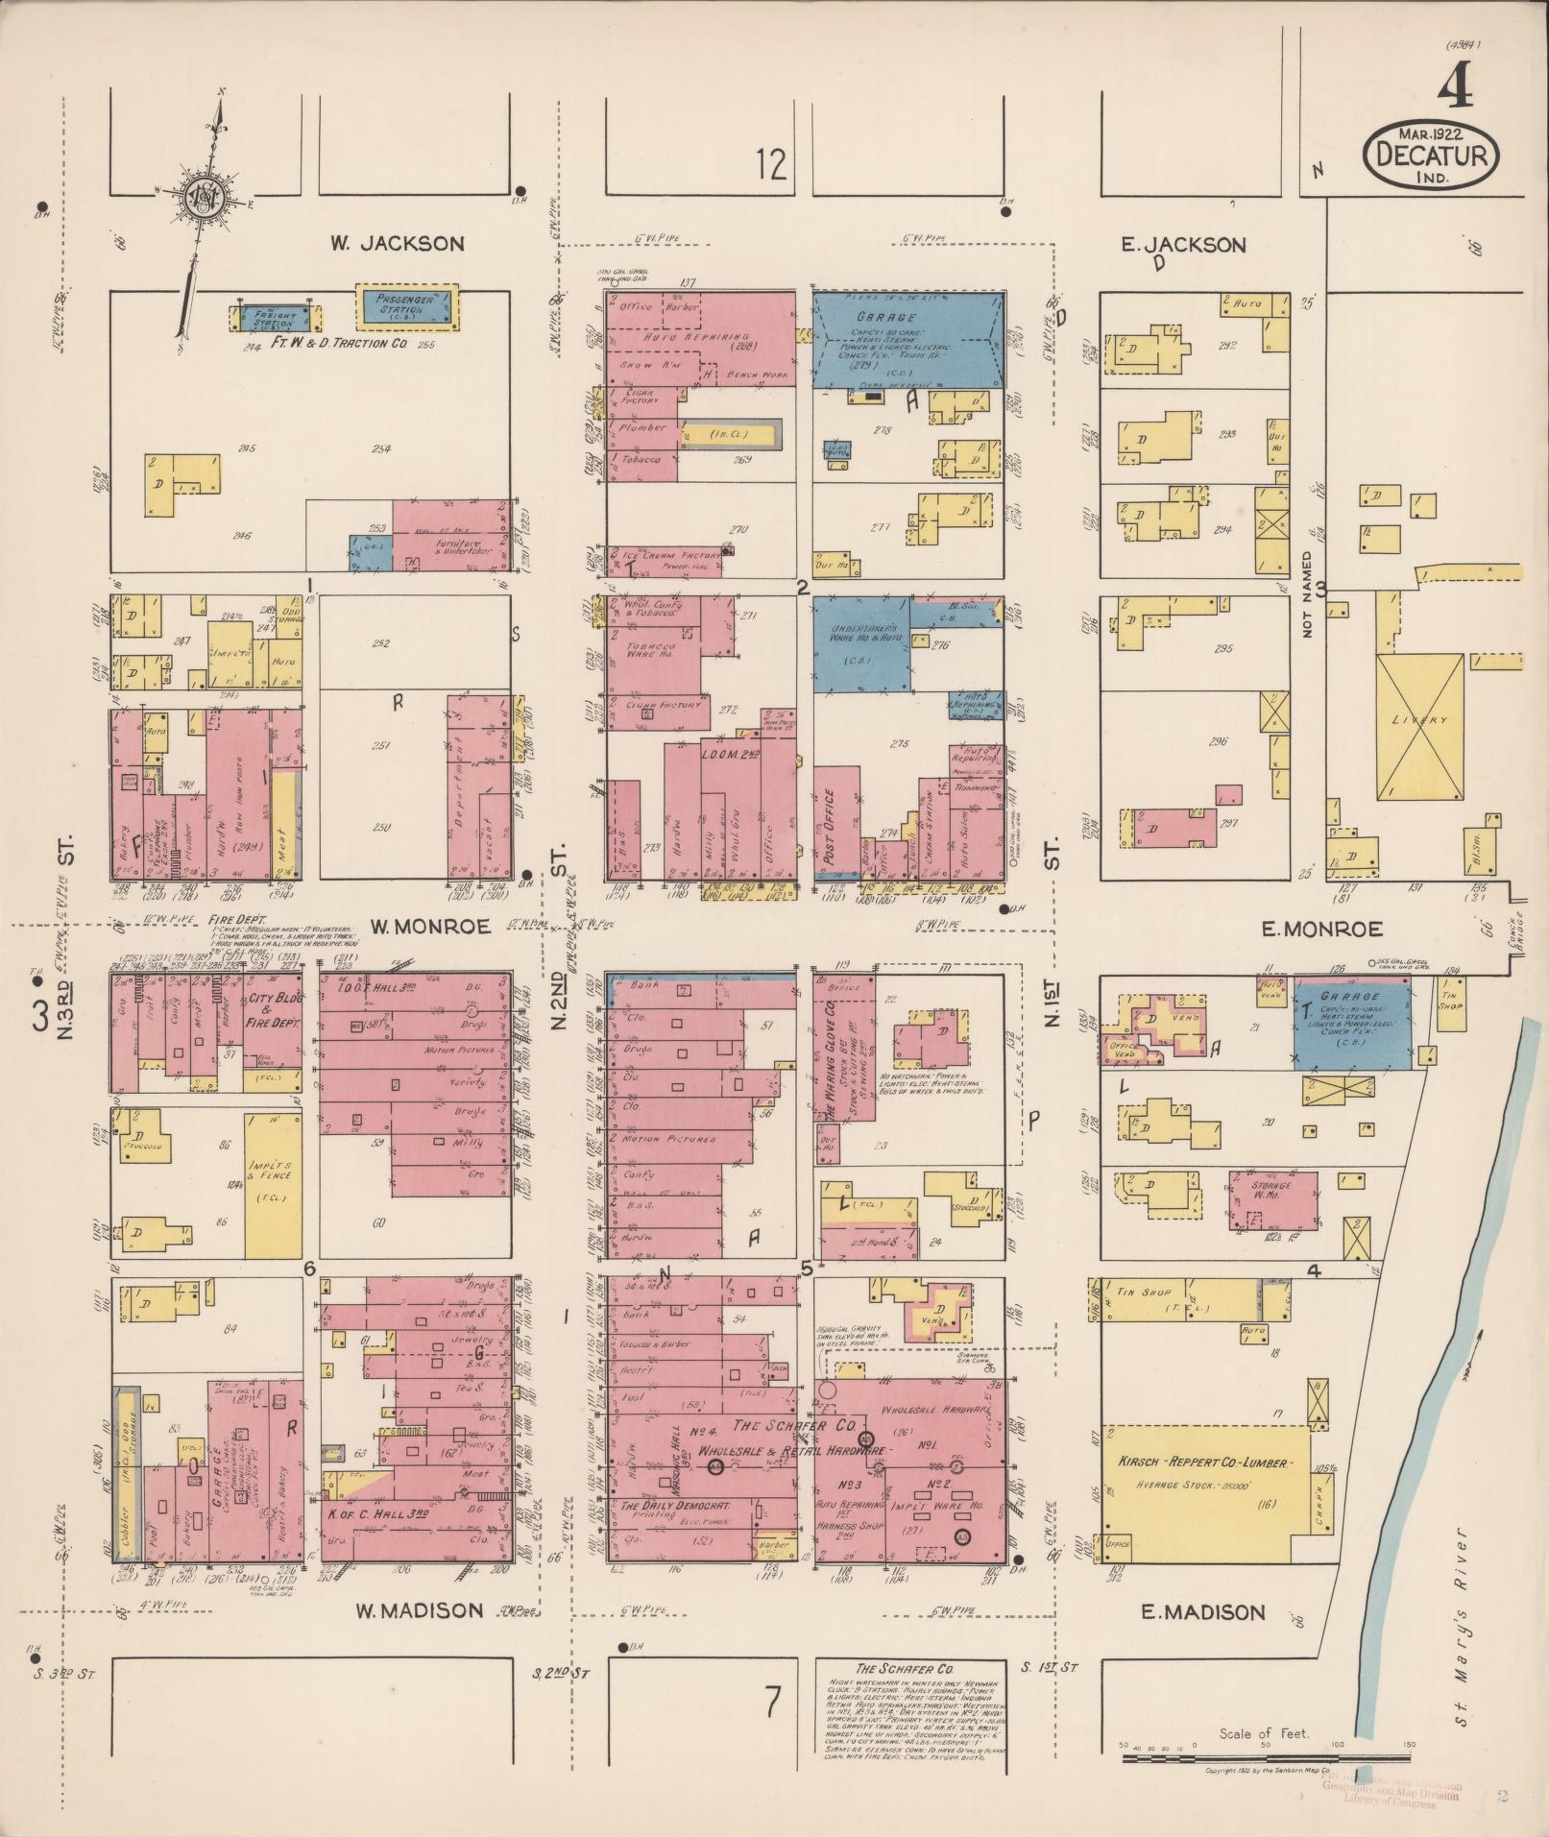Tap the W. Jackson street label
coord(398,244)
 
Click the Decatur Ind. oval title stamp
coord(1430,154)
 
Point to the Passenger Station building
coord(407,307)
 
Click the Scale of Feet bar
coord(1268,1759)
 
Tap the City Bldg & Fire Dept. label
coord(275,1011)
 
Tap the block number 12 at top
coord(771,164)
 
